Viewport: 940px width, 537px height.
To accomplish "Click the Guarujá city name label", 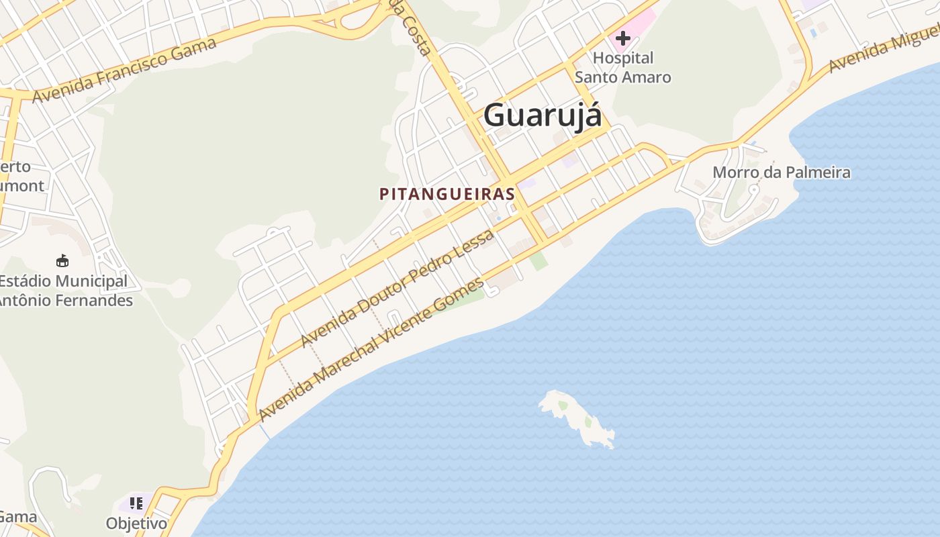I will pyautogui.click(x=543, y=114).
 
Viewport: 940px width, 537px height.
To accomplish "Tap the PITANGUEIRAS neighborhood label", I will pyautogui.click(x=447, y=194).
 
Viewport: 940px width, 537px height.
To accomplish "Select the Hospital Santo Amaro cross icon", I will pyautogui.click(x=623, y=38).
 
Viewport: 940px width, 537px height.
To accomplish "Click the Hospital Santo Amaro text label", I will pyautogui.click(x=623, y=68).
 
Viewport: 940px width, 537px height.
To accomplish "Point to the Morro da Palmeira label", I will pyautogui.click(x=781, y=173).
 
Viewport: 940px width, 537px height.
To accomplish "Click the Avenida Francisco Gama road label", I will pyautogui.click(x=125, y=70).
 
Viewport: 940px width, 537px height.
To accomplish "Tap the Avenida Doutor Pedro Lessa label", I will pyautogui.click(x=397, y=288).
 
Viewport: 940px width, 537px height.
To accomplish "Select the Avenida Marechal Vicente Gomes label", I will pyautogui.click(x=371, y=348).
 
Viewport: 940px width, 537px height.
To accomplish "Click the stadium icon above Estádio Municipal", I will pyautogui.click(x=62, y=260).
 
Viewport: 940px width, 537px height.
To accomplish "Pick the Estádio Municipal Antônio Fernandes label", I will pyautogui.click(x=64, y=291).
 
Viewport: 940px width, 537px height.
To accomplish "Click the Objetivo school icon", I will pyautogui.click(x=136, y=503).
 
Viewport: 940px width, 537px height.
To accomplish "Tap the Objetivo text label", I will pyautogui.click(x=136, y=523).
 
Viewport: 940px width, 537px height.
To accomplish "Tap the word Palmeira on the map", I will pyautogui.click(x=818, y=173).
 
